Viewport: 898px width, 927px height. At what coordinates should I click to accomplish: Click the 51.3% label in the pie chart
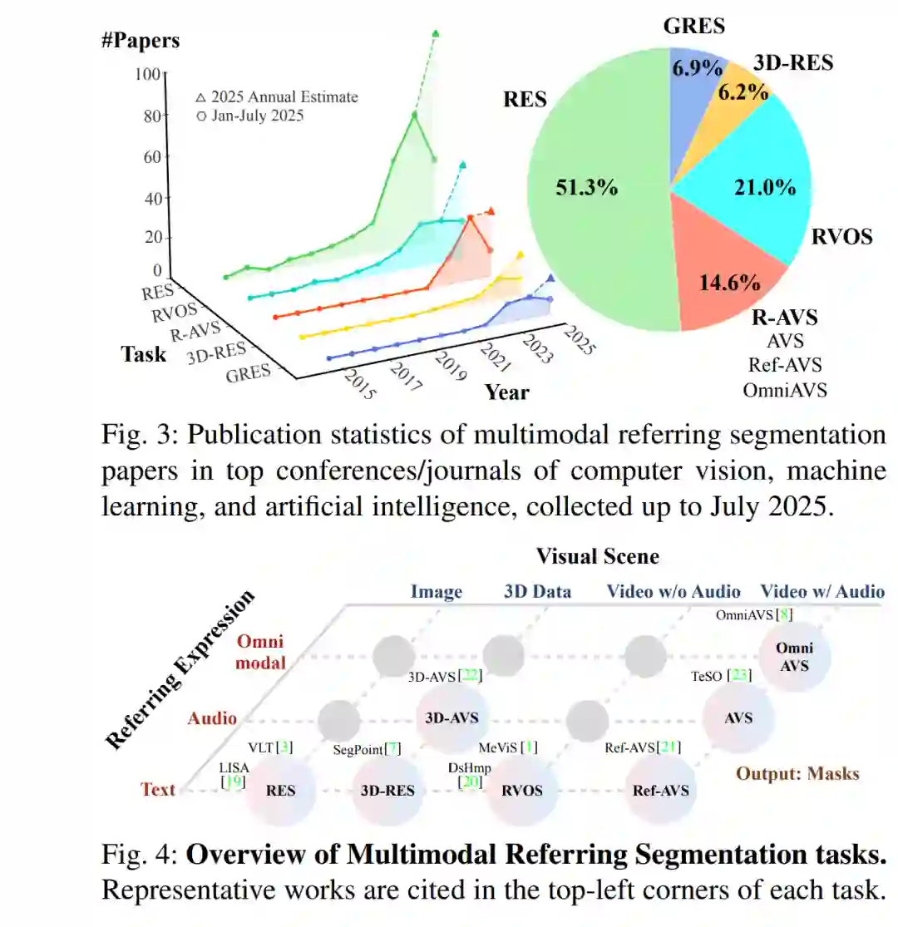[586, 187]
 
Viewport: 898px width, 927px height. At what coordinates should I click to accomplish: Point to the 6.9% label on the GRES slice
[696, 67]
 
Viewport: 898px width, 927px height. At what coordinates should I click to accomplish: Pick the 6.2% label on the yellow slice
[743, 91]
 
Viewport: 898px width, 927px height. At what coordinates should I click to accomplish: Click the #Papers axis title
[140, 39]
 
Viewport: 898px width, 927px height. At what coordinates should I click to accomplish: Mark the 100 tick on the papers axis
[146, 75]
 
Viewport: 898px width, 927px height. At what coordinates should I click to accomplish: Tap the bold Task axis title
[143, 353]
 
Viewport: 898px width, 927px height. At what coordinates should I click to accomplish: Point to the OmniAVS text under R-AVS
[786, 388]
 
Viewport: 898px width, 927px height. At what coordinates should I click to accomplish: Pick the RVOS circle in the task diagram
[521, 790]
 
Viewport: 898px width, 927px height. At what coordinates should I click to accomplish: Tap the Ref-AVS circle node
[661, 790]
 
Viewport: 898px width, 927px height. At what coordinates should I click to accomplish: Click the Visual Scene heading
[597, 555]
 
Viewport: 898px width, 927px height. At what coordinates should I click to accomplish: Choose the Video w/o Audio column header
[673, 591]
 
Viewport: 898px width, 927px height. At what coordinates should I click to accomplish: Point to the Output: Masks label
[797, 773]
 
